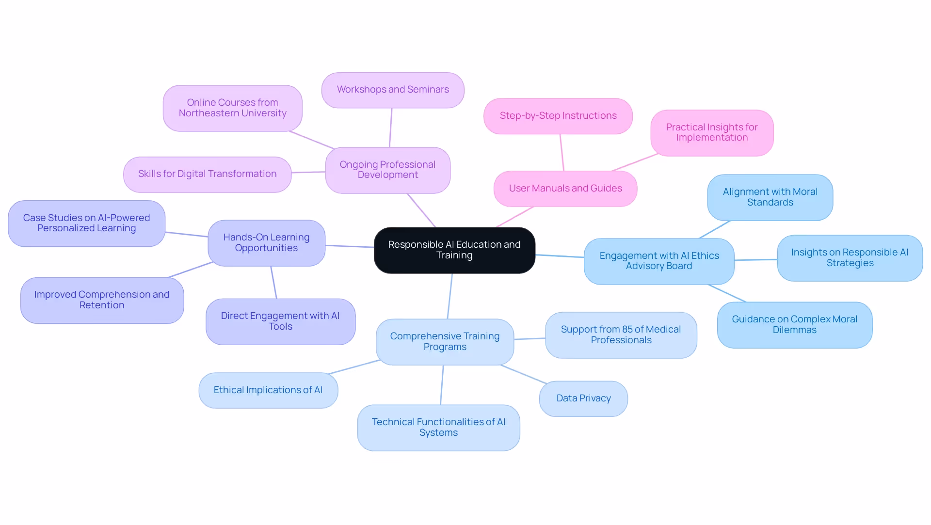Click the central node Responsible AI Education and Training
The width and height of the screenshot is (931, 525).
454,250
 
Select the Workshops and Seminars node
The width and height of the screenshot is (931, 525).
393,90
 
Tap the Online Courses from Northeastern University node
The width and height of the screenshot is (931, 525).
232,108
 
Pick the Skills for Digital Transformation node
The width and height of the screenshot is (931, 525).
207,174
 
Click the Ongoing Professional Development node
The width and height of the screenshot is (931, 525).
387,170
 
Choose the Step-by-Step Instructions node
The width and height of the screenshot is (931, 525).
558,116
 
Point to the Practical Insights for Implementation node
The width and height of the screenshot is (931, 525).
711,132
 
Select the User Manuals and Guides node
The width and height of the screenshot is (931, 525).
565,189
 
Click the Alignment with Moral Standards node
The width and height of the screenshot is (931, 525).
770,197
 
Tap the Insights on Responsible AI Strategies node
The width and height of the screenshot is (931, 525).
849,258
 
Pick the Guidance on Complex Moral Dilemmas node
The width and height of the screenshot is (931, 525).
794,325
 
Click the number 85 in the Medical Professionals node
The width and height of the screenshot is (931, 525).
627,330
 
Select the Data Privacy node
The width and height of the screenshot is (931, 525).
583,398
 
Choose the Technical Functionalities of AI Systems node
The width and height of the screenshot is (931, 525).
438,428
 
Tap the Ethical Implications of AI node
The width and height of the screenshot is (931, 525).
268,390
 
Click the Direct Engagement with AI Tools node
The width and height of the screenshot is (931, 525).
280,321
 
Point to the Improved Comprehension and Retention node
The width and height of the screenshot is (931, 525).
102,300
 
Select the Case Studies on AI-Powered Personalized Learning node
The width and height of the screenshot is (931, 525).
86,223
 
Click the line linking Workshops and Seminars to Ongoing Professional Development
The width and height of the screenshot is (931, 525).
390,127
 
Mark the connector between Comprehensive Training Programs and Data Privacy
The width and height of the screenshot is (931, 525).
524,374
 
